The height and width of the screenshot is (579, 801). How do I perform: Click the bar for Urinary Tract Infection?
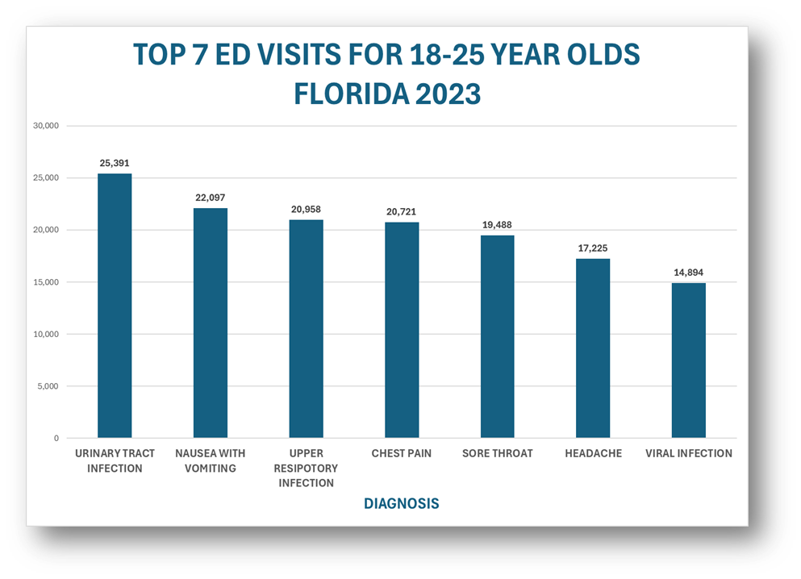click(x=115, y=306)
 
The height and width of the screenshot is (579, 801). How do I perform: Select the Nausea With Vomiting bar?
click(x=211, y=323)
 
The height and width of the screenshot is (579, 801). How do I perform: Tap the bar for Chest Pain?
click(x=402, y=331)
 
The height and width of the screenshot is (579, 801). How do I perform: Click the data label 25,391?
click(x=115, y=163)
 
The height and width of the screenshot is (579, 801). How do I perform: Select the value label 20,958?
click(x=307, y=209)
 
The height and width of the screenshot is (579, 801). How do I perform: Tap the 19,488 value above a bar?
click(x=497, y=225)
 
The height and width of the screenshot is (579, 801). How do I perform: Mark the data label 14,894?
click(x=689, y=273)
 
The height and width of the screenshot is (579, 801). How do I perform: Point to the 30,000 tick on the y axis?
click(x=45, y=126)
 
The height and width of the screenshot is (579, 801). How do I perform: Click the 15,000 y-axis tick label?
click(x=45, y=282)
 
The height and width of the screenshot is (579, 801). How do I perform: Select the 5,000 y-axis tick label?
click(x=48, y=386)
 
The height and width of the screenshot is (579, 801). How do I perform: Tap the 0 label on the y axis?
click(x=56, y=439)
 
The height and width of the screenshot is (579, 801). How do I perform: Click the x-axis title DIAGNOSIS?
click(x=401, y=503)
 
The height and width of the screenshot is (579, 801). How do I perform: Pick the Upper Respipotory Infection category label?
click(x=307, y=468)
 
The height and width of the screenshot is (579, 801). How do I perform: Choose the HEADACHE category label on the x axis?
click(x=593, y=453)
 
